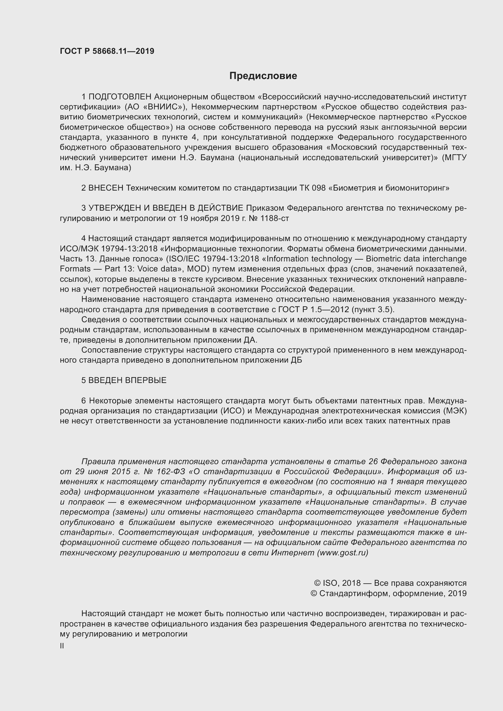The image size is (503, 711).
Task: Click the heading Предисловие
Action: [x=263, y=76]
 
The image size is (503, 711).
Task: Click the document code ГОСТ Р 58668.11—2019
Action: [x=107, y=51]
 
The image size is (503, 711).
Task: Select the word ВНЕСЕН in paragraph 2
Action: [x=106, y=188]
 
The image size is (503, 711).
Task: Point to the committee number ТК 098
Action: [x=313, y=188]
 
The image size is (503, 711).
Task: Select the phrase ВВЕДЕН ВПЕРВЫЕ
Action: [x=127, y=380]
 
